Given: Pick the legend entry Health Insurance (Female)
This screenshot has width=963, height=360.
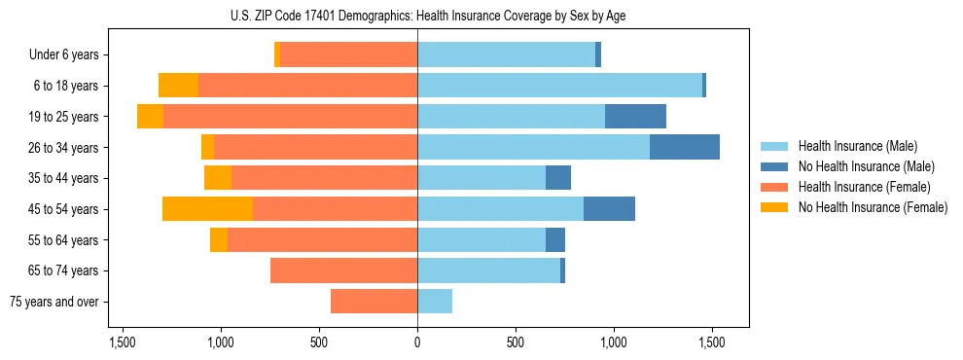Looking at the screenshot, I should (x=857, y=187).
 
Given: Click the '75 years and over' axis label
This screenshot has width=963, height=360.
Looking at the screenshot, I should (x=54, y=302).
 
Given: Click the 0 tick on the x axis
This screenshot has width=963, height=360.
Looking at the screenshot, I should (x=417, y=342).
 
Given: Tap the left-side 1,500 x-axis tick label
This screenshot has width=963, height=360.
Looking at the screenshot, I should (x=123, y=342).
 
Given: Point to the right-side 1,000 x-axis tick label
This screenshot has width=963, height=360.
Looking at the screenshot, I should (x=614, y=342).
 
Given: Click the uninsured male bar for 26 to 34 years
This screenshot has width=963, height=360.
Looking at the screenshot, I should (x=685, y=147).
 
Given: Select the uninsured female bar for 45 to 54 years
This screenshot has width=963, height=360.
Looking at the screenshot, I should (x=207, y=209).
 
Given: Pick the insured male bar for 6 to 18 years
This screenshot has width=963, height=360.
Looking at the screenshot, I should (x=559, y=86).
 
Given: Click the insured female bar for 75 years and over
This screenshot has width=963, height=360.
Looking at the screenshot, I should (x=374, y=302).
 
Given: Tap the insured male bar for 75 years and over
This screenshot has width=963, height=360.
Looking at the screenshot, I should (x=435, y=302).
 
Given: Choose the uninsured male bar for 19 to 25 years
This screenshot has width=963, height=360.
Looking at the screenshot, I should (x=635, y=117).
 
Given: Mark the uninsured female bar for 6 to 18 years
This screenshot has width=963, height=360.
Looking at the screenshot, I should (x=178, y=86).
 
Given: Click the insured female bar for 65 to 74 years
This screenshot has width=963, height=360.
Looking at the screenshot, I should (x=343, y=270).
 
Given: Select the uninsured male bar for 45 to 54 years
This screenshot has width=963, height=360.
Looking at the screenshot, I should (x=609, y=209).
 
